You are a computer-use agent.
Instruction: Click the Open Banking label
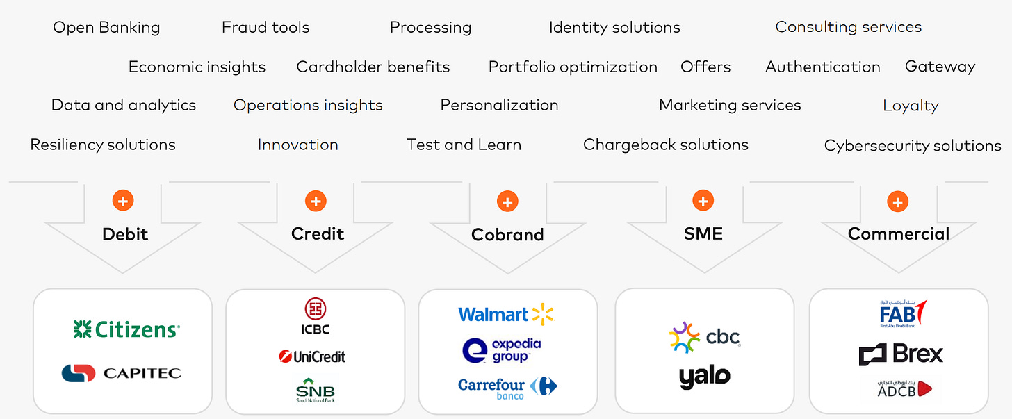(106, 27)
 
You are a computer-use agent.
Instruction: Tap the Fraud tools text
(266, 27)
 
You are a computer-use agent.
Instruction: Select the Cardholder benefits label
(373, 67)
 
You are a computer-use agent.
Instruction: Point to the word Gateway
(940, 67)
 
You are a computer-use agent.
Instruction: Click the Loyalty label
(911, 106)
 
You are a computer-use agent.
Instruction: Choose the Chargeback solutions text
(665, 145)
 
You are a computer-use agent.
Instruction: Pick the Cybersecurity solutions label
(912, 145)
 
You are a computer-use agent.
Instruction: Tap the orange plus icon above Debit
(123, 202)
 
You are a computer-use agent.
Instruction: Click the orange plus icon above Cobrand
(507, 202)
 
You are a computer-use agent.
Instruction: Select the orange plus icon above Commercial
(897, 202)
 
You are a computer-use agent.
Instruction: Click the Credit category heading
(318, 233)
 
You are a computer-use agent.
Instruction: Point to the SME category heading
(703, 233)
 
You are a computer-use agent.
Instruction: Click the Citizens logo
(126, 329)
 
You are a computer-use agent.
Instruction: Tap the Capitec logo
(122, 373)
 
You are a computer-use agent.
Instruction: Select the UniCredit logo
(312, 356)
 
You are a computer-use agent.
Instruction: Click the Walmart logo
(506, 314)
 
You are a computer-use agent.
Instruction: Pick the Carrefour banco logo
(507, 388)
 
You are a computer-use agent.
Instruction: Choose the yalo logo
(704, 376)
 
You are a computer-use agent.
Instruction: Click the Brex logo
(900, 354)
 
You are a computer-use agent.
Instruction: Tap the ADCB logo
(900, 388)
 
